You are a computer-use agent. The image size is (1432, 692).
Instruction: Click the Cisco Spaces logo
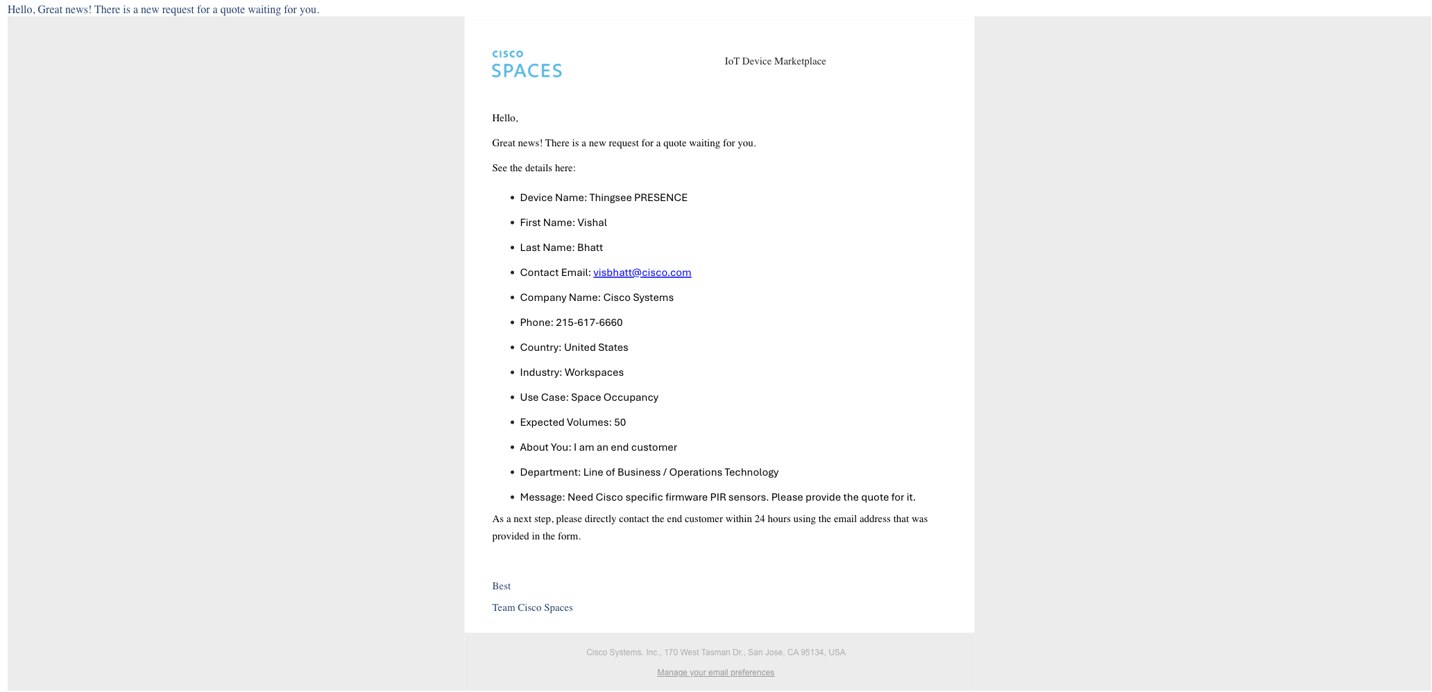point(527,64)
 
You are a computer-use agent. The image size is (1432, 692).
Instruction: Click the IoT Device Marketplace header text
point(775,61)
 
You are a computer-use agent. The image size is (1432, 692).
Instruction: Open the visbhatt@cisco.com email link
point(642,273)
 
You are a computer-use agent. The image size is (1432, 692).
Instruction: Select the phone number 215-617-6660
point(589,322)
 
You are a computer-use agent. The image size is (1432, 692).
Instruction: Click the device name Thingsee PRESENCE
point(638,198)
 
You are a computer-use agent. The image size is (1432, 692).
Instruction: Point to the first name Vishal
point(592,223)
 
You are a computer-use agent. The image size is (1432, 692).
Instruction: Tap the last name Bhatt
point(590,248)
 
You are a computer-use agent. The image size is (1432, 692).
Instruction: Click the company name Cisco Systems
point(638,297)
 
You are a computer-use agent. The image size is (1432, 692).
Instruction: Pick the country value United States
point(596,347)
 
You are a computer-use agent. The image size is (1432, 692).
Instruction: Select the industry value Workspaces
point(594,372)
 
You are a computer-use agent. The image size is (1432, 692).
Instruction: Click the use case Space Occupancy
point(615,397)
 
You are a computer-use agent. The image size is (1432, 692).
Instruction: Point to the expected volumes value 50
point(620,422)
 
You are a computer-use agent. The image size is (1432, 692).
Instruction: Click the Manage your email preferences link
point(715,673)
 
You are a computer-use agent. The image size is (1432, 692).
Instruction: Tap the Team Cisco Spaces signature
point(532,607)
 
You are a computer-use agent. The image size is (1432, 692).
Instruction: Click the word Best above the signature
point(501,586)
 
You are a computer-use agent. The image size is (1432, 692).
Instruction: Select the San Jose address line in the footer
point(715,652)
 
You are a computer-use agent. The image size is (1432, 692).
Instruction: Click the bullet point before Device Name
point(512,198)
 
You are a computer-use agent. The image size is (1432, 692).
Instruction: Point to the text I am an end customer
point(625,447)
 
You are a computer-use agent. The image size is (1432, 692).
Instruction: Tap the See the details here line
point(534,168)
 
